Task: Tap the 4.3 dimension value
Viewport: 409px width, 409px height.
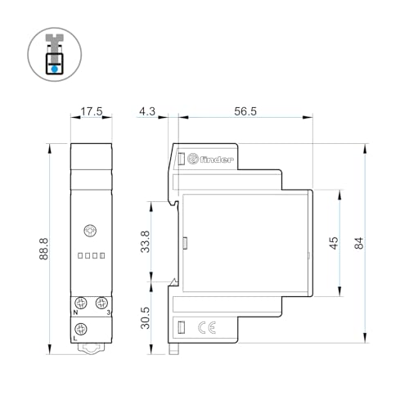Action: pyautogui.click(x=147, y=111)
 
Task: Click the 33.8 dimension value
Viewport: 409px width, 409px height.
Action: pyautogui.click(x=146, y=243)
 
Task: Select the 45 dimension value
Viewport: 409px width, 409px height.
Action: pyautogui.click(x=334, y=243)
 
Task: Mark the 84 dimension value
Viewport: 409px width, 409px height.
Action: pyautogui.click(x=357, y=243)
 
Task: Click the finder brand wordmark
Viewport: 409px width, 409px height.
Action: pyautogui.click(x=218, y=159)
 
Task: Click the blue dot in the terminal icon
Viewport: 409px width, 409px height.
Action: pyautogui.click(x=54, y=70)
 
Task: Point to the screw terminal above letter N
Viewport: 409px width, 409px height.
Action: pyautogui.click(x=79, y=302)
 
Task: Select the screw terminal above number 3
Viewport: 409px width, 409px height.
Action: pyautogui.click(x=101, y=302)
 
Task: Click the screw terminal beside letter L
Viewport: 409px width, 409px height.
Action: pyautogui.click(x=79, y=329)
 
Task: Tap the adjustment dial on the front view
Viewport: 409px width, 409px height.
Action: pyautogui.click(x=90, y=231)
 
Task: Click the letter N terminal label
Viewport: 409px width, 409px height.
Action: pyautogui.click(x=75, y=312)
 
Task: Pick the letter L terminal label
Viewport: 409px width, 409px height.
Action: pyautogui.click(x=75, y=339)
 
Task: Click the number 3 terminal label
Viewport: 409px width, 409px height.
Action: pyautogui.click(x=106, y=312)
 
